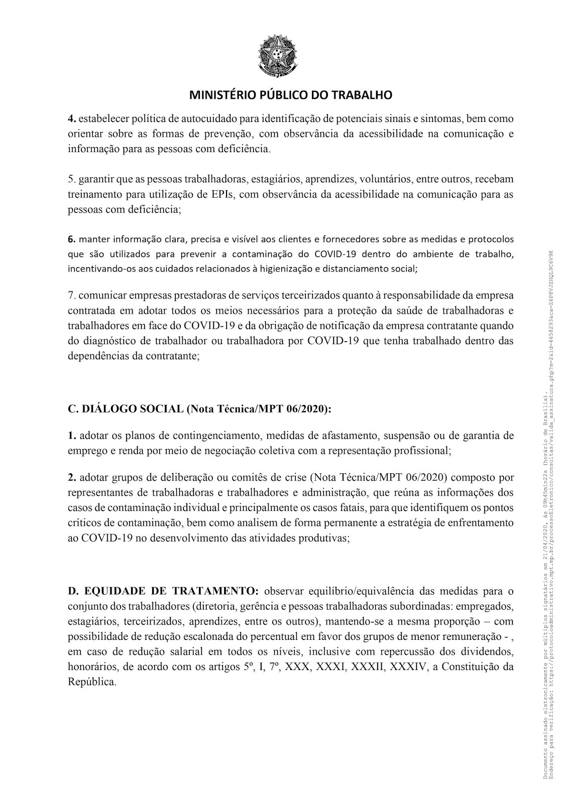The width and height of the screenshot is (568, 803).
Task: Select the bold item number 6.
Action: [71, 239]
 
